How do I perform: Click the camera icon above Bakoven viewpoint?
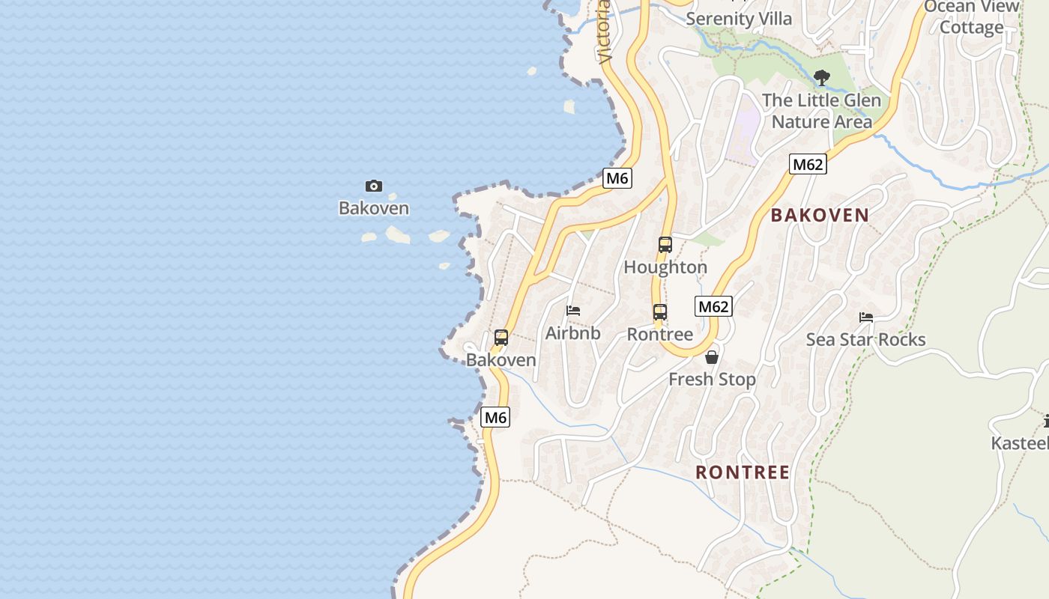[x=373, y=186]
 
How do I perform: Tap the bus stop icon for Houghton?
[x=665, y=244]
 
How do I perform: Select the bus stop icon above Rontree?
[x=659, y=312]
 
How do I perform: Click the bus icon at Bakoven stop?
[x=501, y=338]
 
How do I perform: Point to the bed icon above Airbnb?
[x=573, y=310]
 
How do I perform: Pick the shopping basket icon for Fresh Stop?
[x=712, y=357]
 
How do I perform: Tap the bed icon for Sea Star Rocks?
[x=866, y=317]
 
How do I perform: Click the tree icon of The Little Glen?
[x=822, y=77]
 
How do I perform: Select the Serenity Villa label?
[x=739, y=19]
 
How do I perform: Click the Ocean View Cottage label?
[x=971, y=17]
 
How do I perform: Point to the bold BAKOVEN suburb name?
[x=820, y=215]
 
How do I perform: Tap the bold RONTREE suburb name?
[x=743, y=472]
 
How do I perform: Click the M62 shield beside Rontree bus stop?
[x=713, y=306]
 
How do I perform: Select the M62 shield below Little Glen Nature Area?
[x=808, y=164]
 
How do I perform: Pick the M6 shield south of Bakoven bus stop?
[x=495, y=418]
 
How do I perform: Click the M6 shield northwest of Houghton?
[x=617, y=178]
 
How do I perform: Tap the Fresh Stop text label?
[x=712, y=380]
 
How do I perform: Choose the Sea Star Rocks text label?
[x=865, y=340]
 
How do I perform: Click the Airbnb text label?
[x=573, y=333]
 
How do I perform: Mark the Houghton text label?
[x=665, y=267]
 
